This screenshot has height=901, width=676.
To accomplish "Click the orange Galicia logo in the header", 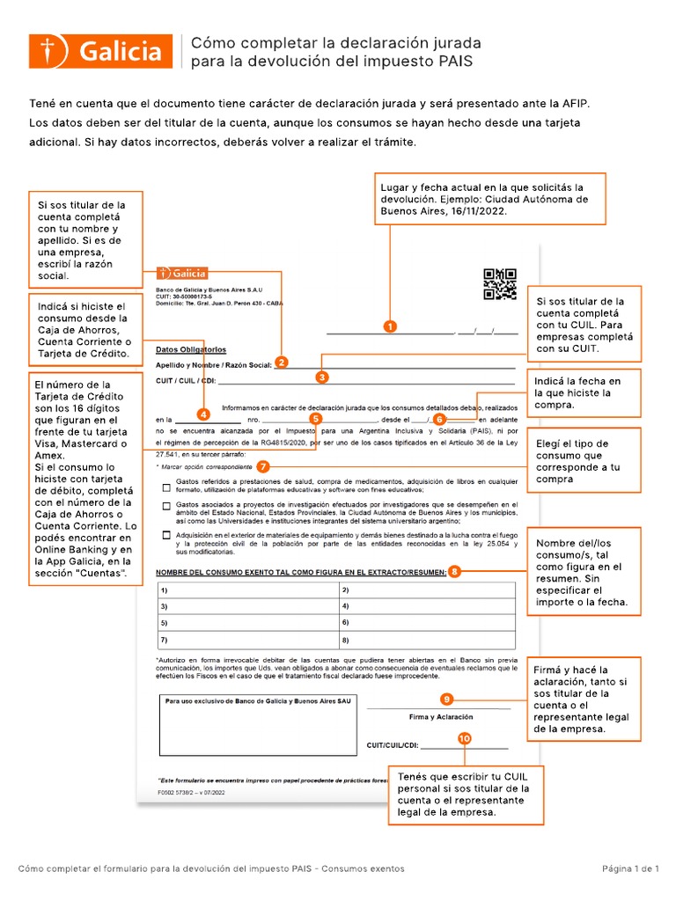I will [100, 51].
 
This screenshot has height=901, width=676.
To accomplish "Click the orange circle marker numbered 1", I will [389, 326].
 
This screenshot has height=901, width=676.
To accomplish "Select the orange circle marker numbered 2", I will [281, 362].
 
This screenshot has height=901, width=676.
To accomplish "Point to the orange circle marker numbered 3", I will [322, 377].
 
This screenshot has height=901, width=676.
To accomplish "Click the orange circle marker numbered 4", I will [203, 414].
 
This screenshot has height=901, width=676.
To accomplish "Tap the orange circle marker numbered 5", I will [315, 419].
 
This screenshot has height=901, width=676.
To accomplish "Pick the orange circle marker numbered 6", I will [439, 419].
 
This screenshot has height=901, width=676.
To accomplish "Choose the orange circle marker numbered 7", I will [262, 466].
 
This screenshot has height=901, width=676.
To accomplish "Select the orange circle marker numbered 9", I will [447, 699].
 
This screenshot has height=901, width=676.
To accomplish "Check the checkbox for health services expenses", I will [166, 487].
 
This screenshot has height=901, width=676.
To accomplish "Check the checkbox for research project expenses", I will [166, 506].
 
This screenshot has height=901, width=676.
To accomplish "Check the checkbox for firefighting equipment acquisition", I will [166, 535].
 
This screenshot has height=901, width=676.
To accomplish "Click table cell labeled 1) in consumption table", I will [246, 590].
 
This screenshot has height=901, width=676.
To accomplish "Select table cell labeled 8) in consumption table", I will [427, 640].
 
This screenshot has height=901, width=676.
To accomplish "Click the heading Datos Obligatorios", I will [191, 349].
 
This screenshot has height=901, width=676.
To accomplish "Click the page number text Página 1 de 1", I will [630, 868].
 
